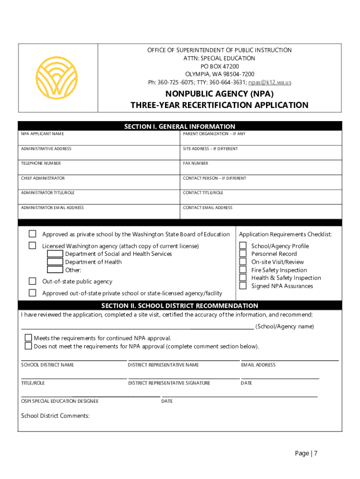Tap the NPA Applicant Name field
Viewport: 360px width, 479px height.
(99, 139)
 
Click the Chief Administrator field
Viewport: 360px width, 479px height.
(99, 183)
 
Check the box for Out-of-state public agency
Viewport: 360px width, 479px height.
(32, 281)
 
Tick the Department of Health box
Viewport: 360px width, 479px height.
(55, 261)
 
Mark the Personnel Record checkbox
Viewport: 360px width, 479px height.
(243, 254)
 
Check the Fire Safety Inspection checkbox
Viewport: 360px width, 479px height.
(243, 269)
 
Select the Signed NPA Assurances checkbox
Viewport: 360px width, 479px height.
(243, 285)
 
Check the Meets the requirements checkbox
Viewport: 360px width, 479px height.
(29, 338)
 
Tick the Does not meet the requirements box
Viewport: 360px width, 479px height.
(29, 346)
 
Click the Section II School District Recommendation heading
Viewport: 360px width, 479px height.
(180, 305)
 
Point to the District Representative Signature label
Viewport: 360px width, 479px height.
(169, 383)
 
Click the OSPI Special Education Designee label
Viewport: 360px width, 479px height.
(60, 401)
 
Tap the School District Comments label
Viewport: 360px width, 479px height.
(55, 416)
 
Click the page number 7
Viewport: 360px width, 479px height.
(316, 453)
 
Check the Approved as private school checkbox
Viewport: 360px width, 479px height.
(32, 234)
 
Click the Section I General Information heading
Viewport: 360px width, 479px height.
(180, 126)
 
